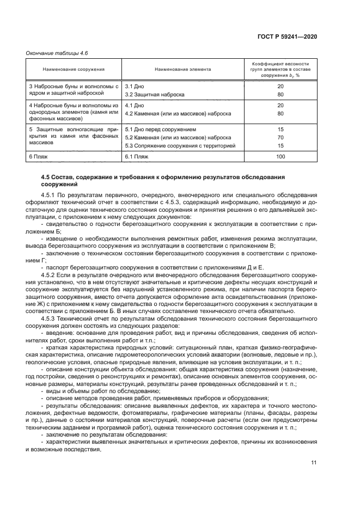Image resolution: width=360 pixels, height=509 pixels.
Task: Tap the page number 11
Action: pos(314,463)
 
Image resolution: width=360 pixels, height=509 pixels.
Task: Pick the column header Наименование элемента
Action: pos(182,70)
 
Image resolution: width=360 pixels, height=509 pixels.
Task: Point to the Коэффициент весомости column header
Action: pos(280,70)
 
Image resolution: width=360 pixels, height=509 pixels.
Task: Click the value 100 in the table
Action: pos(280,157)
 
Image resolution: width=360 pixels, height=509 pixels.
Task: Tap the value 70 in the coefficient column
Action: pos(280,138)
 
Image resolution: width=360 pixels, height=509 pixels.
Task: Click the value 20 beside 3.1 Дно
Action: pos(280,87)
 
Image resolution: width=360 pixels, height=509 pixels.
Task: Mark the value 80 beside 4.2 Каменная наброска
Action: pos(280,114)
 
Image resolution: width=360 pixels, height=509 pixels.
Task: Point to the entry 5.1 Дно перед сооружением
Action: pos(160,130)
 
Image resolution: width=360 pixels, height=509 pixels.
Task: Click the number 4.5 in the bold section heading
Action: pos(46,177)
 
